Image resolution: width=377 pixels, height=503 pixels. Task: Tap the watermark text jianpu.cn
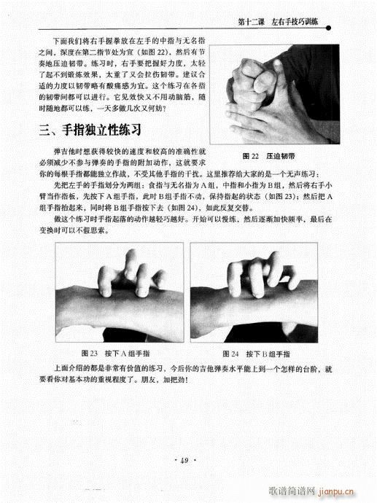click(349, 492)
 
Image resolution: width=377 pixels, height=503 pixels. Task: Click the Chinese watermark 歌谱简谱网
click(299, 492)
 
